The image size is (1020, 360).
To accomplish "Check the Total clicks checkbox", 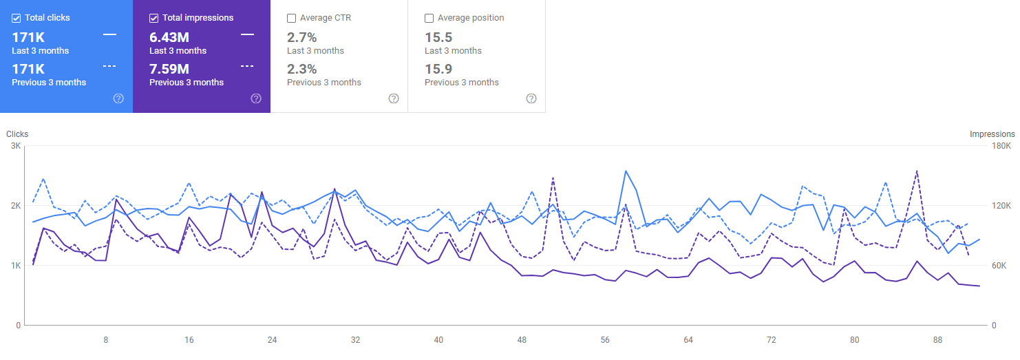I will point(17,18).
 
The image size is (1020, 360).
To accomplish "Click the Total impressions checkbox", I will point(154,18).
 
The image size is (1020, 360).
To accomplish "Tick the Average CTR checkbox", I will point(292,18).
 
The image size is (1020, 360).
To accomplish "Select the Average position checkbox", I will point(429,18).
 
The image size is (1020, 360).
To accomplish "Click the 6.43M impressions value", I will point(169,37).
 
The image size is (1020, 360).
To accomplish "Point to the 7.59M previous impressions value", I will point(169,69).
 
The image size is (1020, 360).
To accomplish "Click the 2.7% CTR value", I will point(301,37).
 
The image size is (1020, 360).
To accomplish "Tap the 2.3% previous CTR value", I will point(301,69).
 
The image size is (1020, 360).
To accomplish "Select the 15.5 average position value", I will point(438,37).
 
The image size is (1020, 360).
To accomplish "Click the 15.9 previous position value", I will point(438,69).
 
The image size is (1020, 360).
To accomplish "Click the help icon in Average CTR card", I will point(394,98).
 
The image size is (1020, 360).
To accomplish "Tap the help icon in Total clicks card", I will point(118,98).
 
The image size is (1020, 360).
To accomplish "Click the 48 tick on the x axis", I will point(522,340).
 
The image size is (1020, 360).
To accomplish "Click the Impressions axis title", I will point(992,134).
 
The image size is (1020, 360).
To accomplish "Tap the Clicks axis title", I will point(17,134).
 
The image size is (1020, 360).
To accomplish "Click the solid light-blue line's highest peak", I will point(626,171).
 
